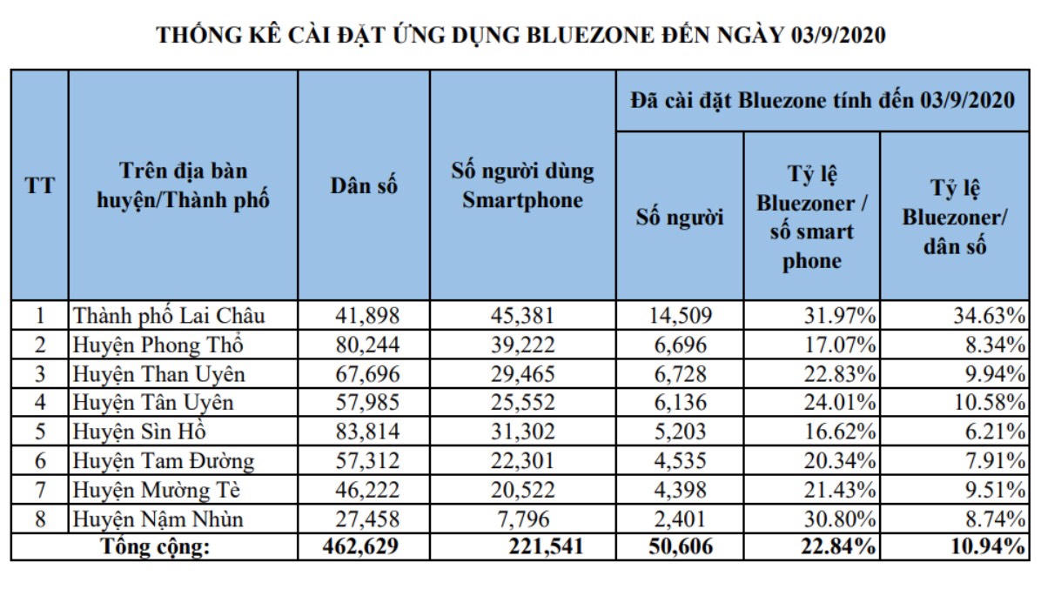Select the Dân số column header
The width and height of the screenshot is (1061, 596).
pyautogui.click(x=364, y=186)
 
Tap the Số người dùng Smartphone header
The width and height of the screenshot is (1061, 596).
pyautogui.click(x=522, y=184)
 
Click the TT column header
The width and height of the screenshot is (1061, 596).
pyautogui.click(x=39, y=186)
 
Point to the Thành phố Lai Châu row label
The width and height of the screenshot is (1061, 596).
pyautogui.click(x=169, y=315)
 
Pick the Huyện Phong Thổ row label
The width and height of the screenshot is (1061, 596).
pyautogui.click(x=158, y=345)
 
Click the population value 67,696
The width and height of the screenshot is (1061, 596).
pyautogui.click(x=367, y=374)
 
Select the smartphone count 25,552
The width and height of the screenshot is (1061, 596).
pyautogui.click(x=521, y=403)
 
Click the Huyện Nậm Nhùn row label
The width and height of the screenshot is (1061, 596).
pyautogui.click(x=158, y=519)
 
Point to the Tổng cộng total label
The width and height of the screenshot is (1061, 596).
pyautogui.click(x=156, y=547)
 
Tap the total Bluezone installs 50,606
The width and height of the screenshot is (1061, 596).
pyautogui.click(x=678, y=547)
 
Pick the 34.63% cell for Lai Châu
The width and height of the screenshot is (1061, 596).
pyautogui.click(x=991, y=315)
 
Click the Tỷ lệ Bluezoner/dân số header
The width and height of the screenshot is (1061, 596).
pyautogui.click(x=955, y=218)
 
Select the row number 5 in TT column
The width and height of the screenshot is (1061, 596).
pyautogui.click(x=39, y=432)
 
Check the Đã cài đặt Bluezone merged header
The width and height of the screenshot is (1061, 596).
pyautogui.click(x=823, y=100)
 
